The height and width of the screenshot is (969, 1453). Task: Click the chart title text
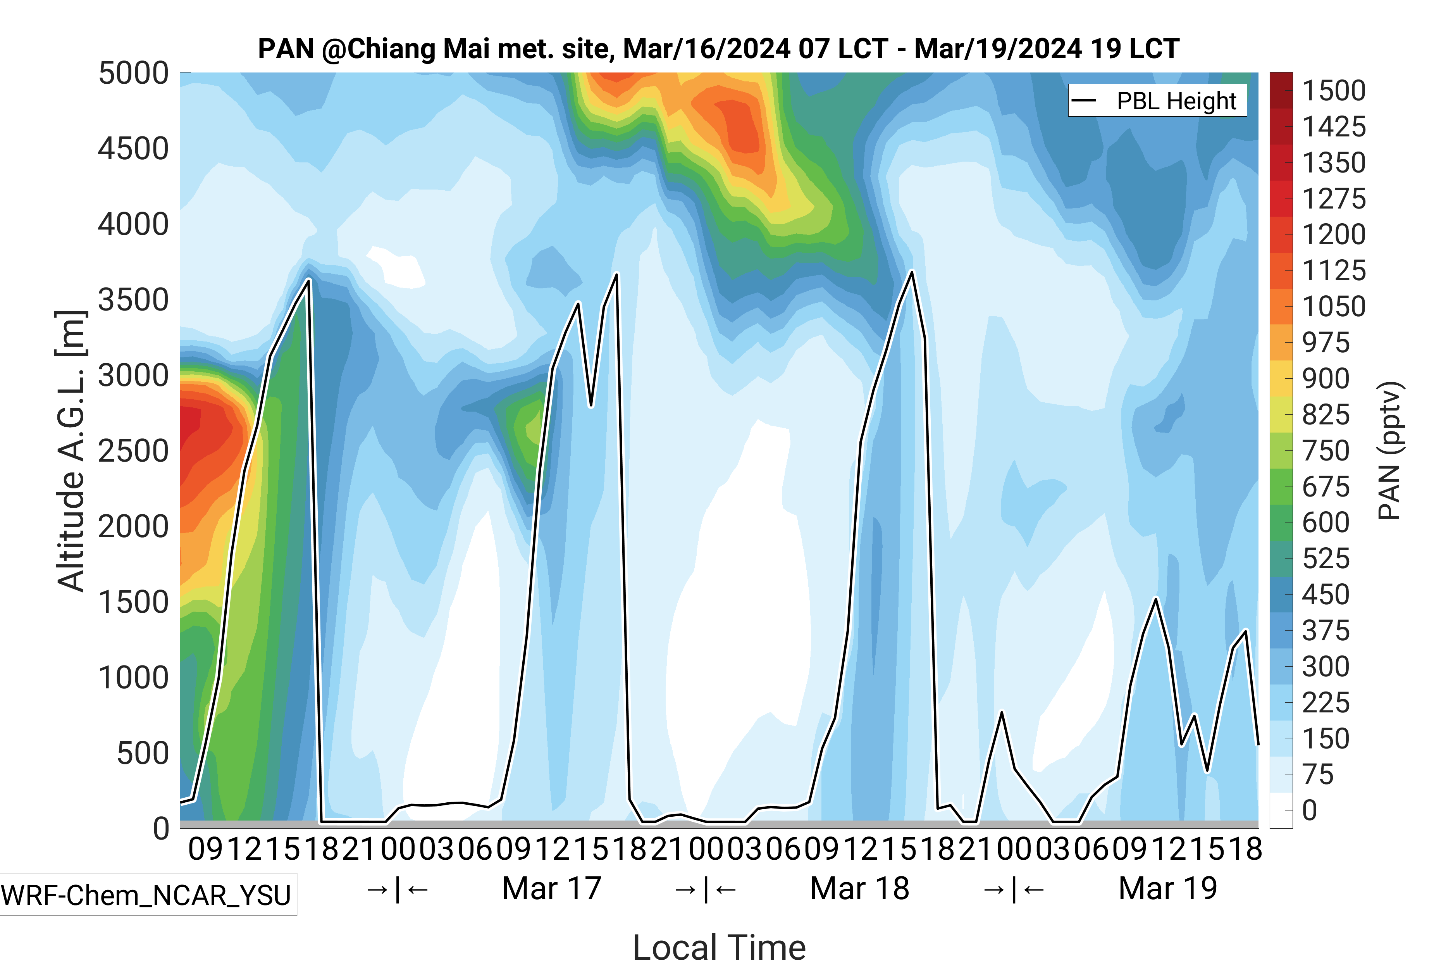point(718,49)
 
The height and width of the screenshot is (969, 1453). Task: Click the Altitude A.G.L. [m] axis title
point(71,451)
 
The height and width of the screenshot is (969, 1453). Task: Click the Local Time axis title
point(719,947)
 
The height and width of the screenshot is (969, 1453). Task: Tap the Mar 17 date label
point(552,889)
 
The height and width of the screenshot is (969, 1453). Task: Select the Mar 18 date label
point(859,889)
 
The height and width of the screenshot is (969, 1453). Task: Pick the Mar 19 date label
point(1167,889)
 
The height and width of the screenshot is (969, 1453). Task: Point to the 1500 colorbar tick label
point(1334,91)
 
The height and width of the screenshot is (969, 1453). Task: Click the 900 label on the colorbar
point(1326,378)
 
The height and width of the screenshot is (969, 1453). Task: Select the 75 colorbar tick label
point(1318,774)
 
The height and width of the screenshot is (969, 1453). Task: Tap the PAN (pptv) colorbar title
point(1389,451)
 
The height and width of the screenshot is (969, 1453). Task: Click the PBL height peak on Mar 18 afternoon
point(912,272)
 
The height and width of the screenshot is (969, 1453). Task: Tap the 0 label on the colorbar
point(1309,810)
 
